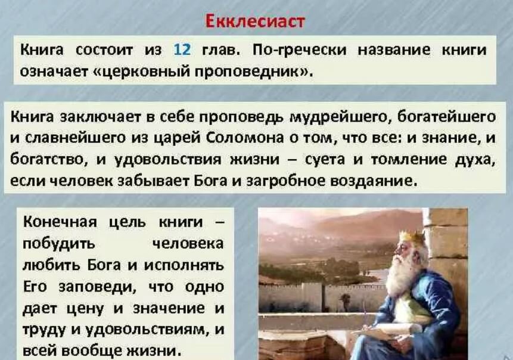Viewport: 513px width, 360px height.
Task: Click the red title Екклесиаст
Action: tap(255, 22)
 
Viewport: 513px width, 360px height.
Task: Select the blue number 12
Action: tap(182, 49)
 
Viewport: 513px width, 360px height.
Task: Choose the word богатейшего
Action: tap(452, 117)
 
